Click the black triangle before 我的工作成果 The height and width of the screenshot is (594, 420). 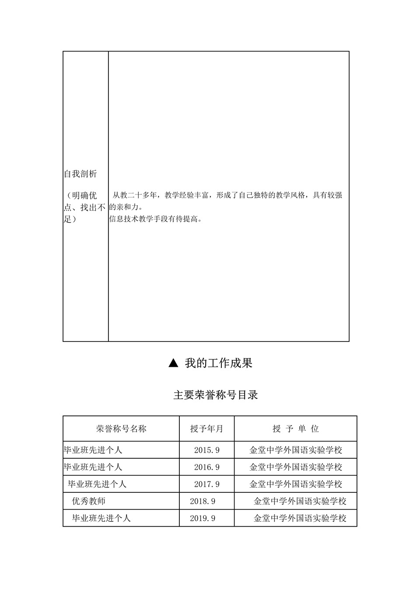173,363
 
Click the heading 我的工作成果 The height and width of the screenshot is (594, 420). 218,363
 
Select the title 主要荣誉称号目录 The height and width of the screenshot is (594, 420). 216,395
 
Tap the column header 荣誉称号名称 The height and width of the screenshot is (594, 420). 121,429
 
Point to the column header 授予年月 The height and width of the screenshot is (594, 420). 206,429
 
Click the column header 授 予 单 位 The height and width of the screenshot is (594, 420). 295,429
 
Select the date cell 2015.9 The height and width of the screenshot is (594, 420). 206,450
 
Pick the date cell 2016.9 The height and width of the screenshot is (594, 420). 206,467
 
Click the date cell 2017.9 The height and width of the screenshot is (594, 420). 206,484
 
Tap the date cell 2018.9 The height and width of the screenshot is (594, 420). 203,501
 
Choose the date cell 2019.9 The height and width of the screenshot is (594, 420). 203,518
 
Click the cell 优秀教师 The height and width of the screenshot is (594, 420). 88,501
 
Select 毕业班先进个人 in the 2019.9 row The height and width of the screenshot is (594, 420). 101,518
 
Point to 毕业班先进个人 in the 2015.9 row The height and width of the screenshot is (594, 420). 93,450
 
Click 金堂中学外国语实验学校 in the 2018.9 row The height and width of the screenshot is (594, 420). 300,501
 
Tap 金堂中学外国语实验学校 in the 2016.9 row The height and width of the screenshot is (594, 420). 295,467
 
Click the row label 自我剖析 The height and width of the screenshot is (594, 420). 80,174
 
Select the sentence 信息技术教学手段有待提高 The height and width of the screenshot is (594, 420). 155,219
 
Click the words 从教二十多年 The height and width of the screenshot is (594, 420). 134,195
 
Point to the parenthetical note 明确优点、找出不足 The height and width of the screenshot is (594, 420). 85,207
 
